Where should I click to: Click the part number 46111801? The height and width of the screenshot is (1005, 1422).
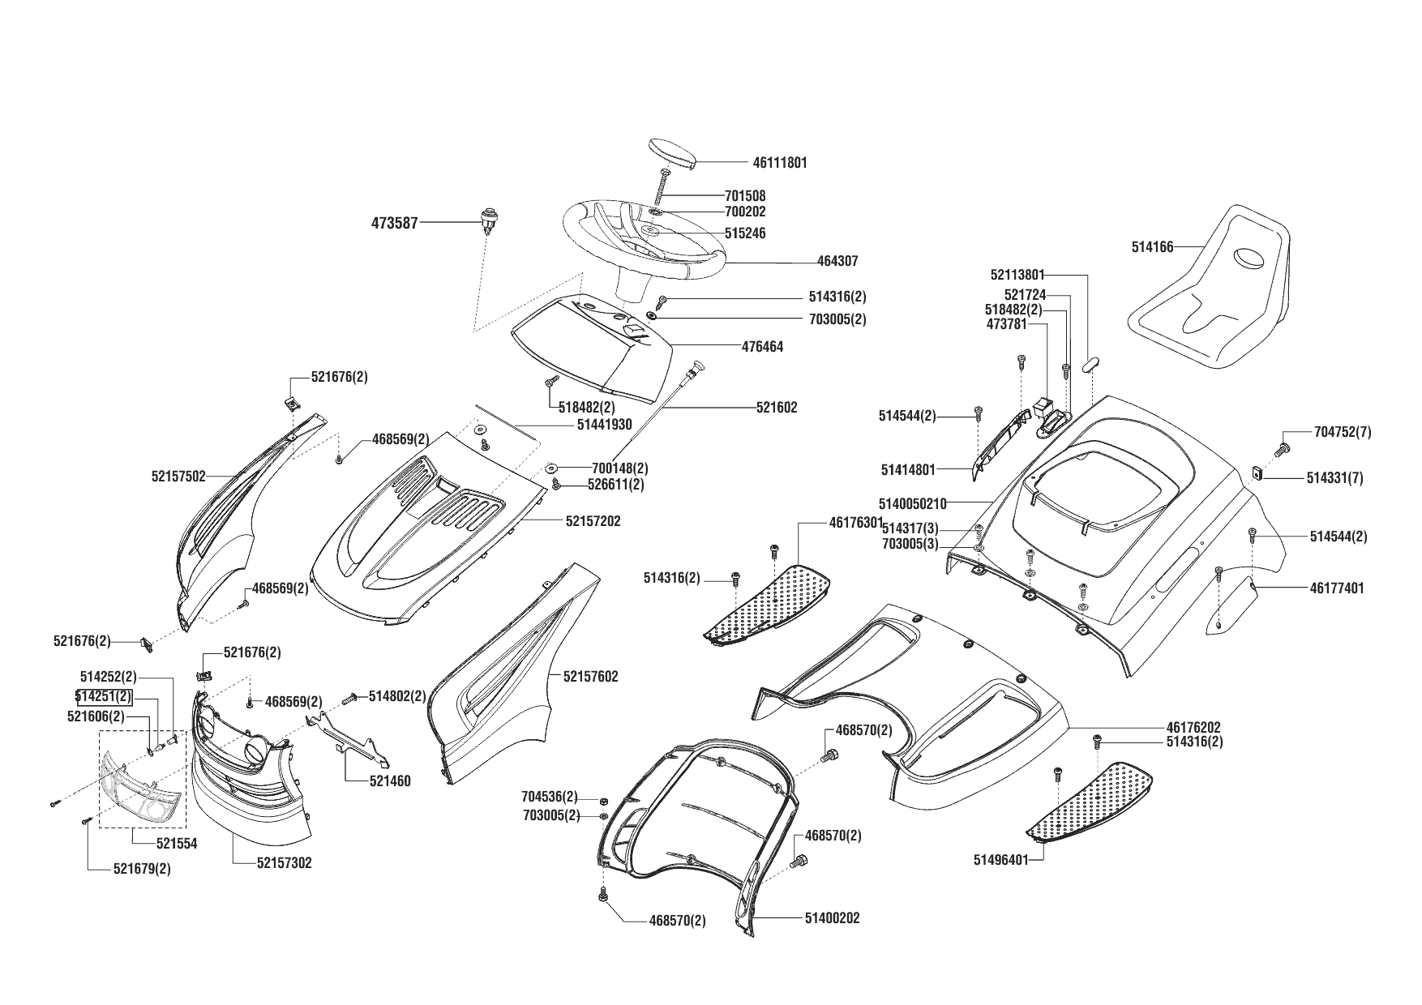point(779,163)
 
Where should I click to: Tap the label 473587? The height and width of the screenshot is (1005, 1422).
point(394,222)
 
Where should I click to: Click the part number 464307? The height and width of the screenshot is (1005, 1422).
point(837,262)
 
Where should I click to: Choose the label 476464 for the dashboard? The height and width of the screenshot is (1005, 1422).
point(763,347)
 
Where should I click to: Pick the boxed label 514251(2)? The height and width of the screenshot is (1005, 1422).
point(103,696)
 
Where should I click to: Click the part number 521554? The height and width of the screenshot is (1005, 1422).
point(177,844)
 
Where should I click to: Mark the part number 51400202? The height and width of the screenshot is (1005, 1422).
point(833,918)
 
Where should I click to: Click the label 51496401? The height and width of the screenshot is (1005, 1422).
point(1000,860)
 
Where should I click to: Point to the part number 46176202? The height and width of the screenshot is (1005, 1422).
point(1193,728)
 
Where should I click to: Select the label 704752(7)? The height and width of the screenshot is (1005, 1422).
point(1342,433)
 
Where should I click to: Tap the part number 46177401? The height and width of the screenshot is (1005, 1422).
point(1337,588)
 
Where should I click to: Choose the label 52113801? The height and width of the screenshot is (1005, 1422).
point(1017,275)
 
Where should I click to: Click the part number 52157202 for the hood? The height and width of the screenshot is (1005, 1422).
point(593,521)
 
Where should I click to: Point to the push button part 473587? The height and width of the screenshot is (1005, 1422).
point(487,219)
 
